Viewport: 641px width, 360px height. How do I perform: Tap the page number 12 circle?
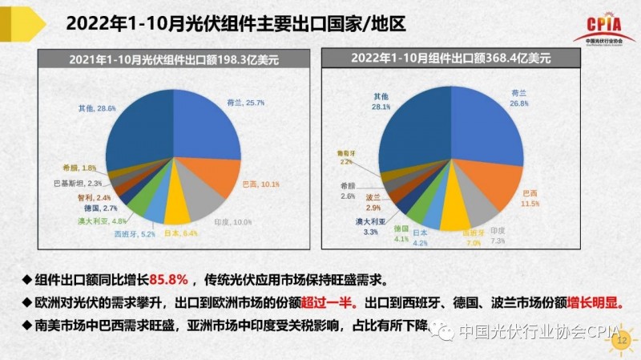[619, 341]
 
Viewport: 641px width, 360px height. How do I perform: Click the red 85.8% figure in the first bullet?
[168, 281]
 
